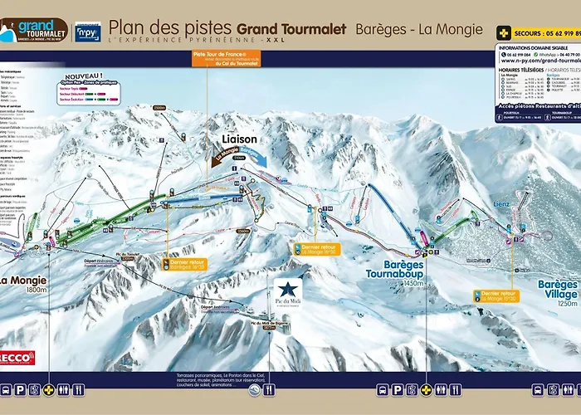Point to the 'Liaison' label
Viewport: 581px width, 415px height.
click(239, 139)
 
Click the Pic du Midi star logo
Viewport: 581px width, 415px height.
click(287, 293)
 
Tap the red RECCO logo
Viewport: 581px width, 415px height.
click(17, 358)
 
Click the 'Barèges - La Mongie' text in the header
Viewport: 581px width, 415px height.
click(418, 29)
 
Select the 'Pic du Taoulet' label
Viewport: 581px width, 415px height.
click(128, 254)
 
